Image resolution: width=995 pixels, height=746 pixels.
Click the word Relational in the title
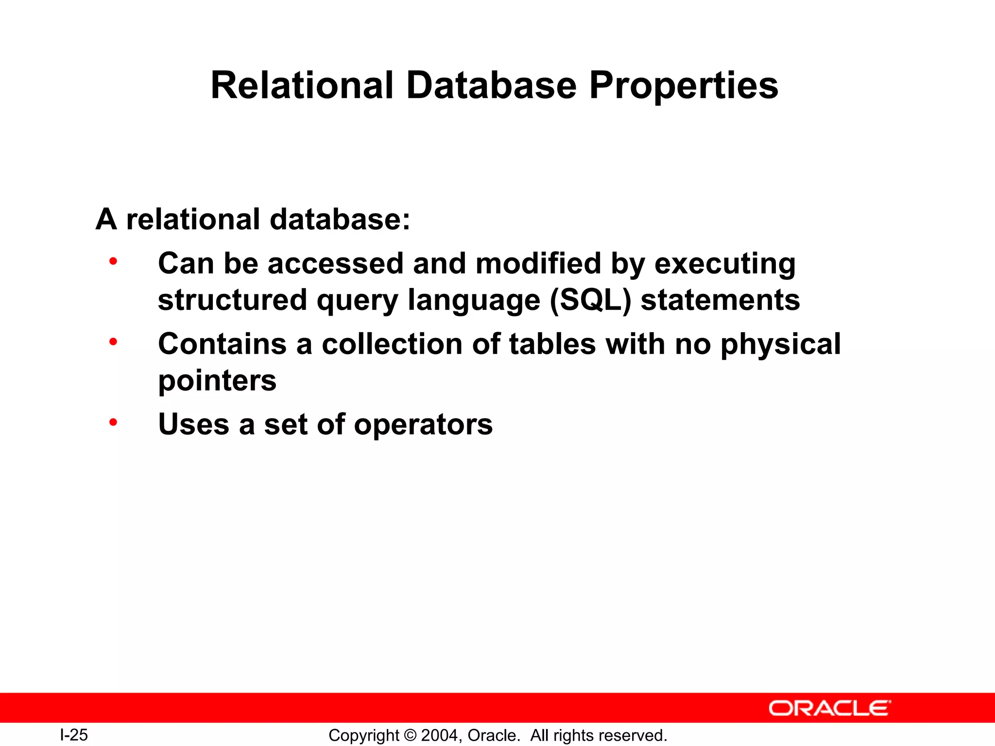click(302, 85)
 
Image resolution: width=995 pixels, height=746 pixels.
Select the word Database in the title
click(491, 85)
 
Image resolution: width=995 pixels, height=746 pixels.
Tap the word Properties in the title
click(684, 86)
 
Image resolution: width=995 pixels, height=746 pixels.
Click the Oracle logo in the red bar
click(829, 708)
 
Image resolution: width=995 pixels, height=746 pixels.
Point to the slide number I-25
click(74, 735)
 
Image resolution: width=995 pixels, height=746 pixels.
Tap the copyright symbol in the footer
click(410, 735)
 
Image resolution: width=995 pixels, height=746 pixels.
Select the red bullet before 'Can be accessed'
click(113, 262)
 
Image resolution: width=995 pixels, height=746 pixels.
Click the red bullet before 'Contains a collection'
click(113, 342)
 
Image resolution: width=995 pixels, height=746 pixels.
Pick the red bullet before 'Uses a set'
click(113, 423)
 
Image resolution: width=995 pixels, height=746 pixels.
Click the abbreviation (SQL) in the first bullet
click(590, 300)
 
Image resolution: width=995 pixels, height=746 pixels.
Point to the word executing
click(725, 264)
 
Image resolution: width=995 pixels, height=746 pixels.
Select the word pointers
click(217, 381)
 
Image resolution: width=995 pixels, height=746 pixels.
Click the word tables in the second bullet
click(552, 344)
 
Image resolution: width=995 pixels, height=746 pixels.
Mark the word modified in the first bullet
click(538, 264)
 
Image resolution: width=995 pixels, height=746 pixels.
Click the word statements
click(720, 300)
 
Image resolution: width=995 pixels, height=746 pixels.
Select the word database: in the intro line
click(340, 219)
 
